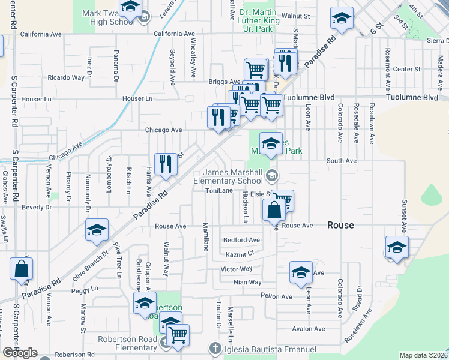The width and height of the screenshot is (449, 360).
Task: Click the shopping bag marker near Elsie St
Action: click(x=273, y=211)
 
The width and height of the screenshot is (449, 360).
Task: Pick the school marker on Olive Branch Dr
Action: click(x=97, y=230)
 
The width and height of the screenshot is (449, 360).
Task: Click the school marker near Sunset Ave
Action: click(x=397, y=247)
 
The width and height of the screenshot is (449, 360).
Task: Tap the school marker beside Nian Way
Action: click(x=301, y=272)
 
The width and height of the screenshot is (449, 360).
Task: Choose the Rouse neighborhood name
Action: click(x=340, y=225)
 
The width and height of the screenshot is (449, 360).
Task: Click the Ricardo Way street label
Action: click(x=66, y=78)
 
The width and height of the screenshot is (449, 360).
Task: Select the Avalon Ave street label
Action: click(x=308, y=329)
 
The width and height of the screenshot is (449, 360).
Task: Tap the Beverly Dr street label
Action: click(x=37, y=207)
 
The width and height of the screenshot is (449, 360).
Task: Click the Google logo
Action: click(x=20, y=353)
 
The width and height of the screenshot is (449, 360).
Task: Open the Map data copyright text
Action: click(x=423, y=355)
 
